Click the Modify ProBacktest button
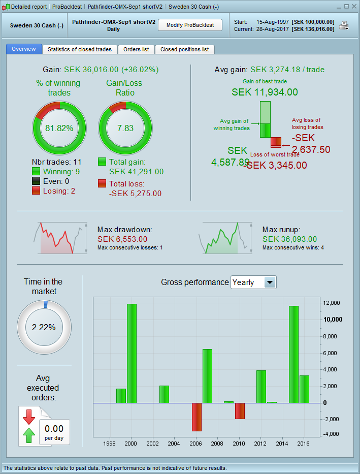click(190, 25)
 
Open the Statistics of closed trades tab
click(80, 49)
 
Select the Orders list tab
click(136, 49)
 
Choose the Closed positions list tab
click(184, 49)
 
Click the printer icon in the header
click(344, 26)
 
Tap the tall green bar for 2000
click(132, 353)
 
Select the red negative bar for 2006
click(197, 417)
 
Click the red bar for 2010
click(240, 411)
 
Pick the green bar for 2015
click(293, 354)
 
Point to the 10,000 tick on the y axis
click(333, 320)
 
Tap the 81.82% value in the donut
click(60, 128)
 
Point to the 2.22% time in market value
click(44, 327)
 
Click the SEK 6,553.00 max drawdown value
click(122, 239)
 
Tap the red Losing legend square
click(36, 191)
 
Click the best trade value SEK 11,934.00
click(265, 92)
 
